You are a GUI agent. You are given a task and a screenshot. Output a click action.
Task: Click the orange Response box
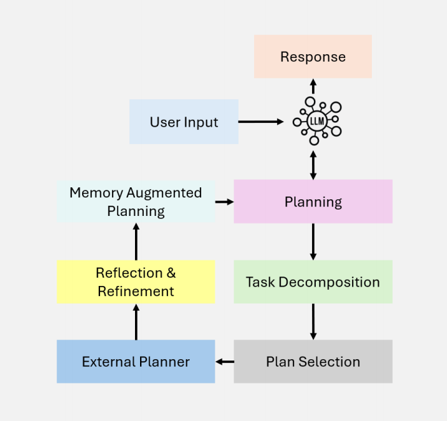pyautogui.click(x=313, y=57)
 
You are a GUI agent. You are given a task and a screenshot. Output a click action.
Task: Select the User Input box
pyautogui.click(x=184, y=122)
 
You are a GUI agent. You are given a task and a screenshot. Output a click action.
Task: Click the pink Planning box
pyautogui.click(x=313, y=202)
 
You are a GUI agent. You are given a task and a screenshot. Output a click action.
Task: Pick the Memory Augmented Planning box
pyautogui.click(x=136, y=201)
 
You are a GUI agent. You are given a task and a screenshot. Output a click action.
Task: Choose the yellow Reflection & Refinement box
pyautogui.click(x=136, y=282)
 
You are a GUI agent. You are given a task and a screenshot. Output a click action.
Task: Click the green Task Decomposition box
pyautogui.click(x=313, y=282)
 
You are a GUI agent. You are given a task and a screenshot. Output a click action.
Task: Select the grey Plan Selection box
pyautogui.click(x=313, y=362)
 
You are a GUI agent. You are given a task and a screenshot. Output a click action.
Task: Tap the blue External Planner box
pyautogui.click(x=136, y=362)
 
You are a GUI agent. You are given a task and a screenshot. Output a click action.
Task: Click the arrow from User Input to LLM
pyautogui.click(x=261, y=122)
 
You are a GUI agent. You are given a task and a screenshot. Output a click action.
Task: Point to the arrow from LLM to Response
pyautogui.click(x=313, y=87)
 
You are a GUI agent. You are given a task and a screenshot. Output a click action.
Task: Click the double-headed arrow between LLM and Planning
pyautogui.click(x=313, y=164)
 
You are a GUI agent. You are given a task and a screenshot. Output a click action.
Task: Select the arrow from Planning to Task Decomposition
pyautogui.click(x=313, y=241)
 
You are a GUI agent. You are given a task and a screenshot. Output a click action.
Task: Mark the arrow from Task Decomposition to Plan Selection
pyautogui.click(x=313, y=321)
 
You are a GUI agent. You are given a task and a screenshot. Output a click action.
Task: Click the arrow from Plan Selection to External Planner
pyautogui.click(x=224, y=362)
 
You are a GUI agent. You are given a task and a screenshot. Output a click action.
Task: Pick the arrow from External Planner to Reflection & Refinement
pyautogui.click(x=136, y=322)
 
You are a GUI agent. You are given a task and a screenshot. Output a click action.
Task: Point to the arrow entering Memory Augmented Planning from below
pyautogui.click(x=136, y=241)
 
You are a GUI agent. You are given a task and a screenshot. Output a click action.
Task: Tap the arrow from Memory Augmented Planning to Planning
pyautogui.click(x=224, y=202)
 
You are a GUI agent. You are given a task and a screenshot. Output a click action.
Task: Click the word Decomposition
pyautogui.click(x=341, y=282)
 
